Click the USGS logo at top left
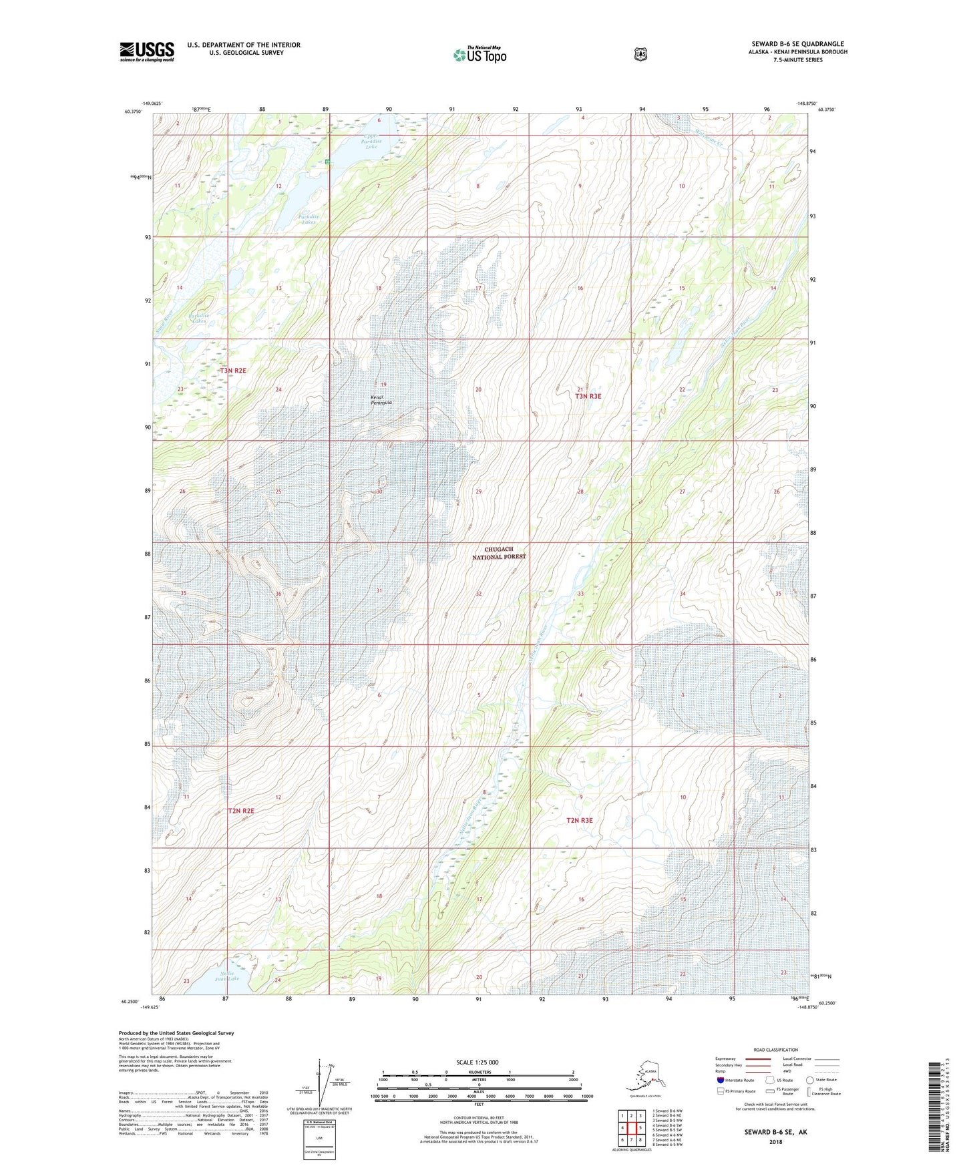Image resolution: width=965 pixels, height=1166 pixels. pyautogui.click(x=147, y=51)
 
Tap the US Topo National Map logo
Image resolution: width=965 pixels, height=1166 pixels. pyautogui.click(x=479, y=54)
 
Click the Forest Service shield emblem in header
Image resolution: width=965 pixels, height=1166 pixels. pyautogui.click(x=640, y=54)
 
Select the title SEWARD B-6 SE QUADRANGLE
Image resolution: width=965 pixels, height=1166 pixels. pyautogui.click(x=797, y=44)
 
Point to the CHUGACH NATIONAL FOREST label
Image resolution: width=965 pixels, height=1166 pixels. pyautogui.click(x=500, y=552)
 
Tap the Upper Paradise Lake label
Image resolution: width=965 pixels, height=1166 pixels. pyautogui.click(x=371, y=141)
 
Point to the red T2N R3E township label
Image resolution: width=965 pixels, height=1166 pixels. pyautogui.click(x=579, y=820)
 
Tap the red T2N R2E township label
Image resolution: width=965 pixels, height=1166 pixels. pyautogui.click(x=241, y=811)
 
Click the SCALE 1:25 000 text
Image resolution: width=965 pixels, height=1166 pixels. pyautogui.click(x=477, y=1062)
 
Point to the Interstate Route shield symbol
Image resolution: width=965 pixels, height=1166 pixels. pyautogui.click(x=720, y=1080)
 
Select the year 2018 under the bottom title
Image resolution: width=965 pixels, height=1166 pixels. pyautogui.click(x=775, y=1141)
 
